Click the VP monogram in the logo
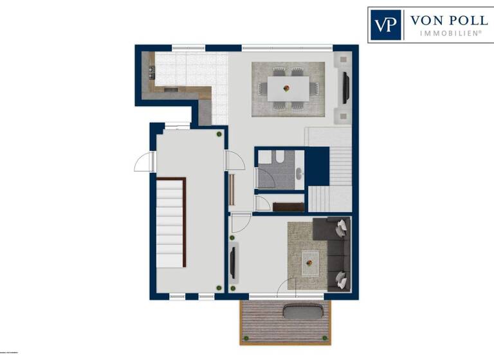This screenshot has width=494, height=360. (x=385, y=25)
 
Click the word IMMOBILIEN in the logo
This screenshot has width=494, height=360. (x=448, y=33)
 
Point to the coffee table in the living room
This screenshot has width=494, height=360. (x=311, y=260)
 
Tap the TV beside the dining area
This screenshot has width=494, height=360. (x=346, y=87)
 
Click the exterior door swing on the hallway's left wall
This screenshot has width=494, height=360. (x=143, y=163)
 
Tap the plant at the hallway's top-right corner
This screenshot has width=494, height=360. (x=219, y=134)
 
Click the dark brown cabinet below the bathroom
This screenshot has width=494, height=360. (x=288, y=206)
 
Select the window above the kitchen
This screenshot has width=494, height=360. (x=188, y=48)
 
